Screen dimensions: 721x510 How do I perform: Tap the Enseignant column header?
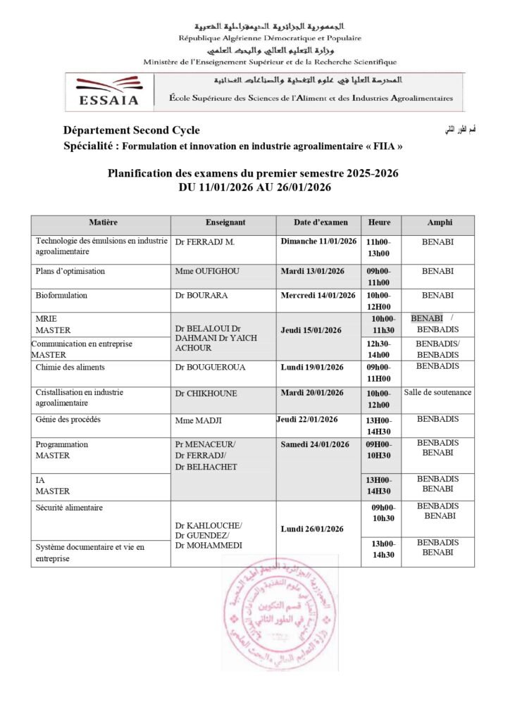(x=225, y=222)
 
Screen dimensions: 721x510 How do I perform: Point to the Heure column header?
(x=380, y=222)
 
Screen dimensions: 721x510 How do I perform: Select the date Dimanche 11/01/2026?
(x=318, y=241)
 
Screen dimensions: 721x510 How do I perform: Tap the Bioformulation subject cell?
(x=61, y=296)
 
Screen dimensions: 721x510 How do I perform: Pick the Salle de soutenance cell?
(x=438, y=392)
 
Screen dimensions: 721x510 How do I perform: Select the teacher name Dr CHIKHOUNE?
(x=206, y=394)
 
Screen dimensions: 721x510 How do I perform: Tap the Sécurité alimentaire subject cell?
(x=69, y=508)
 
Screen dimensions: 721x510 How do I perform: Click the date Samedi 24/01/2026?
(x=315, y=444)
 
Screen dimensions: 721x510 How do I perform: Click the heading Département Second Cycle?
(x=132, y=130)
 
